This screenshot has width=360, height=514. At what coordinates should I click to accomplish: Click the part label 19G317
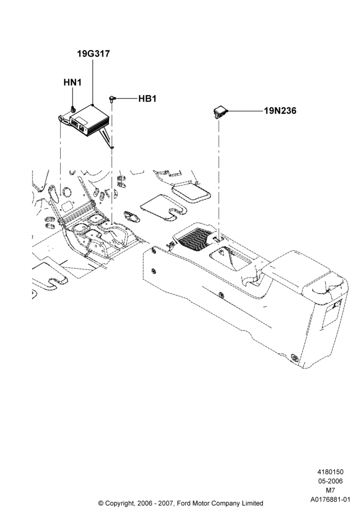[x=94, y=53]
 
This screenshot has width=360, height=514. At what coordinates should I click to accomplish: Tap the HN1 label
[x=73, y=82]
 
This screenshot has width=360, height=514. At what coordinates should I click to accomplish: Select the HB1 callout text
[x=147, y=98]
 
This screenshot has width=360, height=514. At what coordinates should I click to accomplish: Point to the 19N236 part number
[x=280, y=111]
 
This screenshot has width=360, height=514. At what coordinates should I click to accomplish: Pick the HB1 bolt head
[x=112, y=98]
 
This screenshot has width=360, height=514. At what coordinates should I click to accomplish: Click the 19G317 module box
[x=88, y=120]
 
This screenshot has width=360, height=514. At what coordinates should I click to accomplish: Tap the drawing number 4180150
[x=330, y=472]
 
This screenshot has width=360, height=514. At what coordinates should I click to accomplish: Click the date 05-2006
[x=330, y=481]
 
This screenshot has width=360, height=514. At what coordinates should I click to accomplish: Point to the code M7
[x=330, y=490]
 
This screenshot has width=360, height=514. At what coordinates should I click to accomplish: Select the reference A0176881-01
[x=330, y=500]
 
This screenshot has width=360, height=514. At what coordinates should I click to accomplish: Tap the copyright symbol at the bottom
[x=101, y=503]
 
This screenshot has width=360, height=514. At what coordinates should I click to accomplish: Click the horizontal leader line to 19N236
[x=245, y=112]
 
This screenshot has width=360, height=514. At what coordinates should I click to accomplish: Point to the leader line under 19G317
[x=93, y=82]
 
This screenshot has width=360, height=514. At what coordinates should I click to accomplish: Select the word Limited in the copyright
[x=253, y=503]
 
